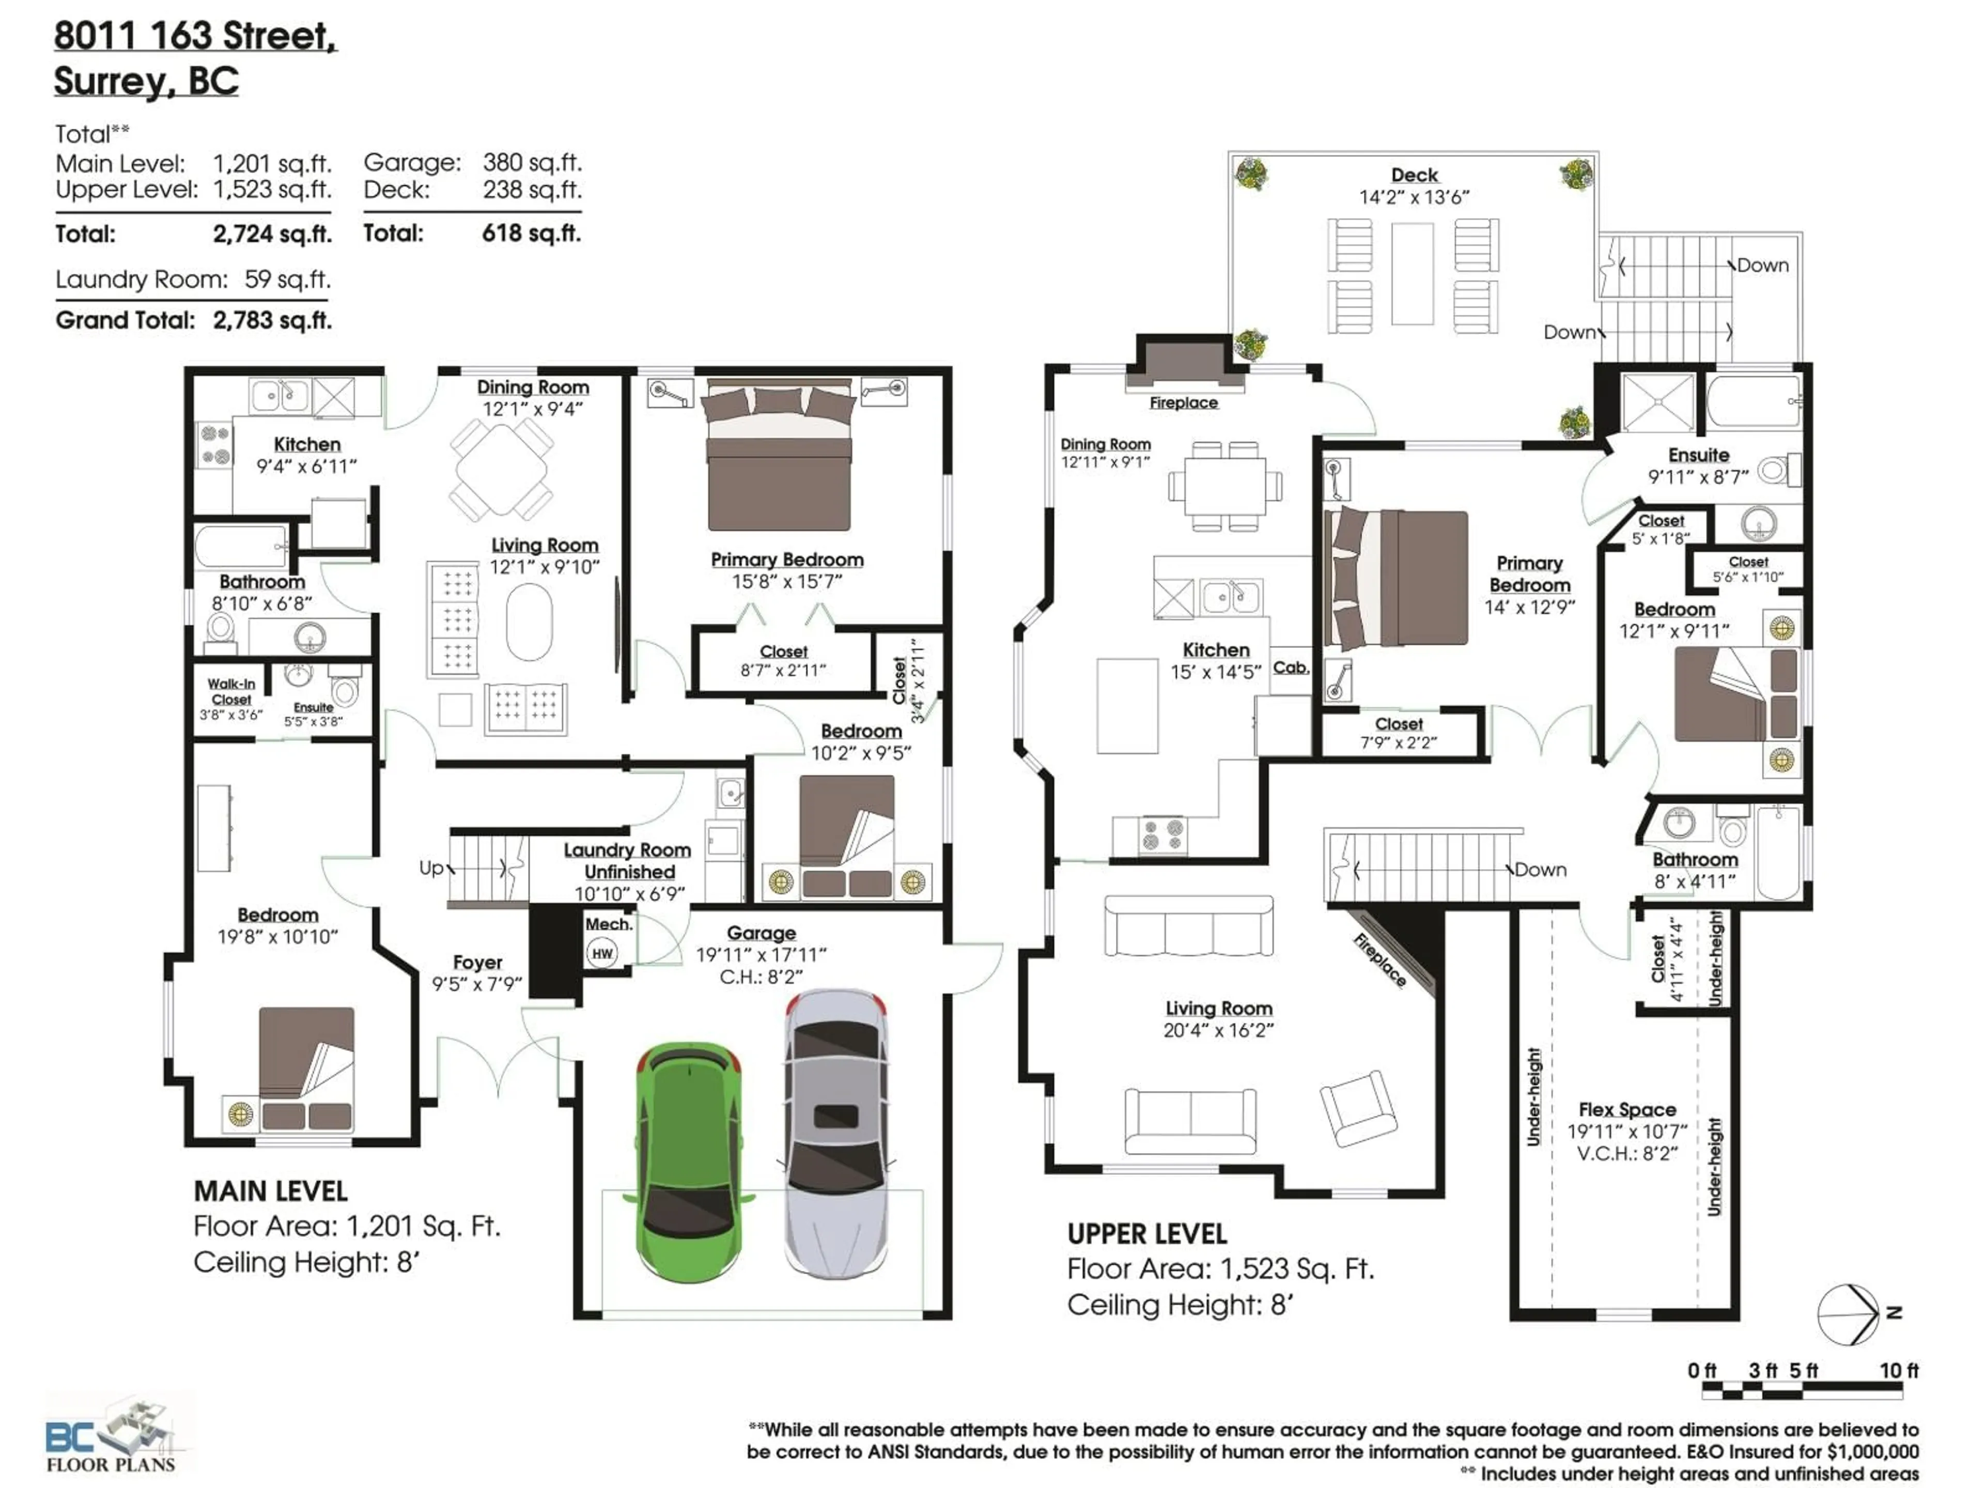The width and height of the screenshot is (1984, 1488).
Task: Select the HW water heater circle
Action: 602,953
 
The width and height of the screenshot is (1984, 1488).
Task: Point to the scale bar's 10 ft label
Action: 1898,1371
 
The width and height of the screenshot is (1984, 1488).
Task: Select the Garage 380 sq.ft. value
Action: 532,162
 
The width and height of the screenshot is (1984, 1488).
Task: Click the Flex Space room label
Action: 1627,1109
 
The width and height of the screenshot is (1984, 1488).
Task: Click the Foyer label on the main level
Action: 477,963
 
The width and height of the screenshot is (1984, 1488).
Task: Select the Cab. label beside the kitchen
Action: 1290,668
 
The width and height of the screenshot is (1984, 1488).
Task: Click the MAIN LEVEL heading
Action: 270,1191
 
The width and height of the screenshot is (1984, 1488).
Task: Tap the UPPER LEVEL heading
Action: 1146,1234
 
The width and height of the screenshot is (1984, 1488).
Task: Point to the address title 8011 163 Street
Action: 195,36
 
